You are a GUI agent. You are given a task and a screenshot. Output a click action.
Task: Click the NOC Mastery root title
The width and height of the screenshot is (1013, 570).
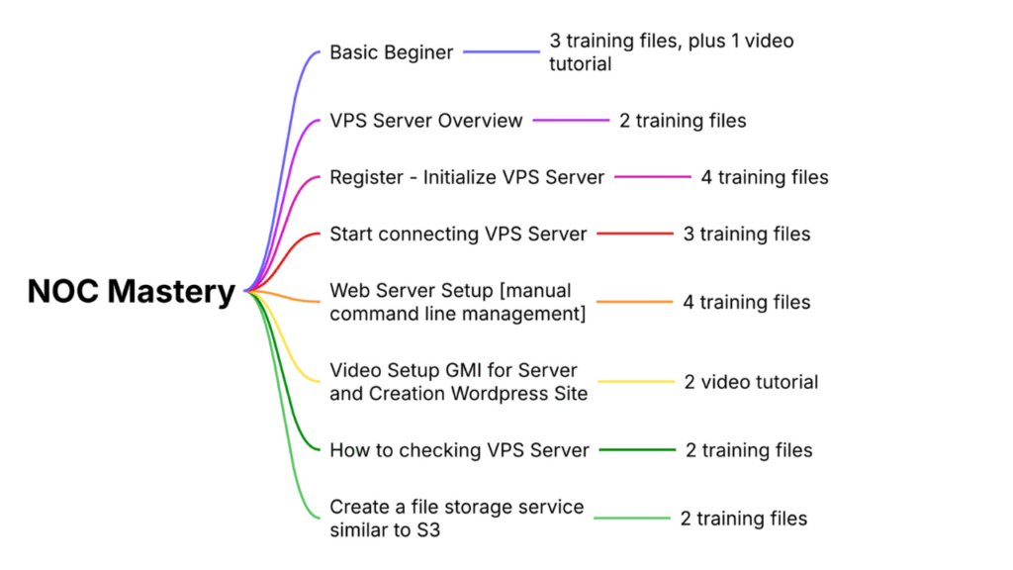tap(131, 291)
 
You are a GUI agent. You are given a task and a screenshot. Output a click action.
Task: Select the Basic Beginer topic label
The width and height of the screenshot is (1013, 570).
tap(391, 52)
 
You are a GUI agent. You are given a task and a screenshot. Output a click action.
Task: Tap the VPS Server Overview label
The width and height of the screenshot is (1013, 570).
tap(425, 121)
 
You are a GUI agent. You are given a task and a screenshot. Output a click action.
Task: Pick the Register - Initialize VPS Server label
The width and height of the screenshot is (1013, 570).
tap(466, 178)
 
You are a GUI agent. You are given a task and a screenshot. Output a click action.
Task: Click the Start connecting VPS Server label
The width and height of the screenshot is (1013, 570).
tap(458, 235)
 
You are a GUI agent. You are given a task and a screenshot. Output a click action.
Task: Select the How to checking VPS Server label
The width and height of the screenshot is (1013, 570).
tap(459, 450)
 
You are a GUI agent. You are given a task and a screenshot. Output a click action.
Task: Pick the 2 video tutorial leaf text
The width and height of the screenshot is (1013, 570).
tap(751, 382)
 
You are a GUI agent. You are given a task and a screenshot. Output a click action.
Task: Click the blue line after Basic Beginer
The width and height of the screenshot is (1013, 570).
tap(502, 52)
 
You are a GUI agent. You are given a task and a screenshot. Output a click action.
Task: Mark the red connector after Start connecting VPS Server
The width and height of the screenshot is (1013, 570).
tap(634, 235)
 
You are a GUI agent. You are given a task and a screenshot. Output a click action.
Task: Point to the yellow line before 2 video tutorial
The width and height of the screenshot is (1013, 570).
tap(635, 382)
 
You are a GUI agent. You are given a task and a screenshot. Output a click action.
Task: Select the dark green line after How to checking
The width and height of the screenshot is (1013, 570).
tap(637, 450)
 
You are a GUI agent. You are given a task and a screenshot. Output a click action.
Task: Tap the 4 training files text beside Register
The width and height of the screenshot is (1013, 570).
tap(765, 178)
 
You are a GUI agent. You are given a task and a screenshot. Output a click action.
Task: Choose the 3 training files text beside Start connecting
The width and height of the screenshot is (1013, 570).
tap(747, 235)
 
